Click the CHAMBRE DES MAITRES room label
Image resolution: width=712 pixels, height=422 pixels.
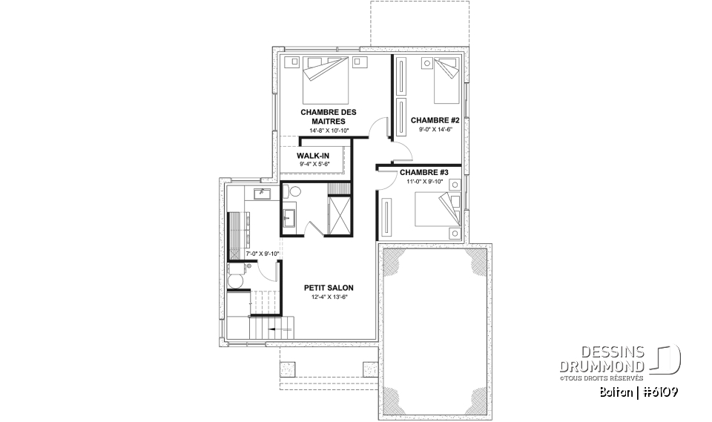tap(323, 116)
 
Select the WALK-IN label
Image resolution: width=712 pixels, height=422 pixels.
tap(314, 156)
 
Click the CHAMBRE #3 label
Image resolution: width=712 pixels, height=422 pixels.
tap(419, 172)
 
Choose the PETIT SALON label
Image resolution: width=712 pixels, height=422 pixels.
tap(329, 287)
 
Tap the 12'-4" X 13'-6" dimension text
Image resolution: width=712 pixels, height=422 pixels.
tap(329, 297)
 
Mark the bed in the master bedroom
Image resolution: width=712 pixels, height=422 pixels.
tap(326, 82)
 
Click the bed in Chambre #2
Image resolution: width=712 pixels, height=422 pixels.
tap(445, 82)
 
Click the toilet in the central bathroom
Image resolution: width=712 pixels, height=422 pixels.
tap(294, 192)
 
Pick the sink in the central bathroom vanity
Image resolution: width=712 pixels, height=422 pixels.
tap(289, 217)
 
